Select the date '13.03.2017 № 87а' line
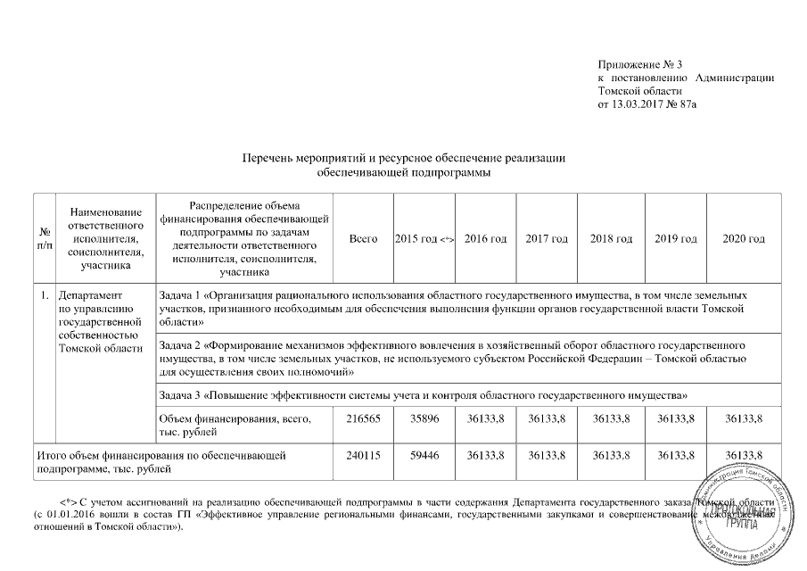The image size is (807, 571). [646, 104]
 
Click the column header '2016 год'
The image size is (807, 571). [486, 239]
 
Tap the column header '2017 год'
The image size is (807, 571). [547, 239]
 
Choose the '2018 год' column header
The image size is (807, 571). [611, 239]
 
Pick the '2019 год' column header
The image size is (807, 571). [675, 239]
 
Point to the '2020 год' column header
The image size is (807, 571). [744, 239]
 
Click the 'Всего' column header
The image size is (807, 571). [363, 239]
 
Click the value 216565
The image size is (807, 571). [363, 419]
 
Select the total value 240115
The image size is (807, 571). [363, 455]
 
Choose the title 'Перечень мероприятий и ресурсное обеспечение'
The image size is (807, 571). [405, 158]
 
